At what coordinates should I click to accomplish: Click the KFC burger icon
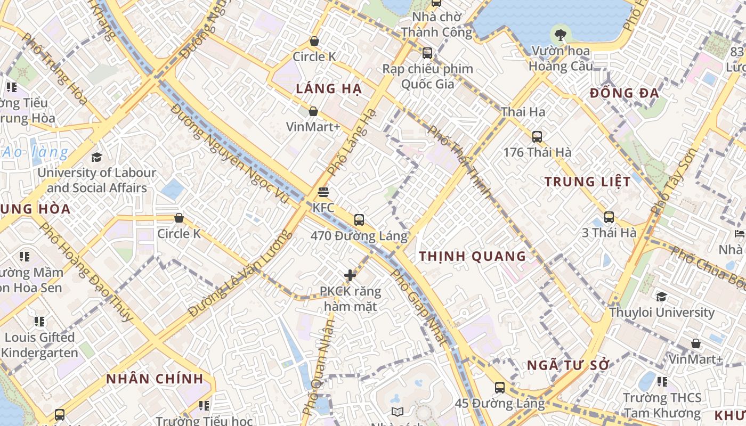click(323, 192)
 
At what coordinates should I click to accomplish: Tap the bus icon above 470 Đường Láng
click(359, 219)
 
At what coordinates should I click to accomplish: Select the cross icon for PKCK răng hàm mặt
click(350, 275)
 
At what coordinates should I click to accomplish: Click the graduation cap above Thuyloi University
click(661, 297)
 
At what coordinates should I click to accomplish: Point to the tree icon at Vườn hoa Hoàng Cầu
click(560, 35)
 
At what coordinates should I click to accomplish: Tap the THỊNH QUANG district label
click(473, 256)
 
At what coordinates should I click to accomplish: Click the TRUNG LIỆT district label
click(588, 182)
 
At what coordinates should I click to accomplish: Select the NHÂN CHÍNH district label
click(155, 379)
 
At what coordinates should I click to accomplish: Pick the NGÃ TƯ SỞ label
click(568, 366)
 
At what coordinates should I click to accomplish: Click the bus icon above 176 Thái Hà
click(537, 136)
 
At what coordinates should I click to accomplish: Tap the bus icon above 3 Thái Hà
click(609, 217)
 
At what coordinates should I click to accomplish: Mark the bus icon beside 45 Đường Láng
click(499, 388)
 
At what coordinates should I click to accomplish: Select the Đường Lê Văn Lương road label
click(240, 273)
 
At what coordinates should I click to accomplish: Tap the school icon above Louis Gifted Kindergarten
click(39, 322)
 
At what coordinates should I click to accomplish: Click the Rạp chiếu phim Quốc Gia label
click(428, 76)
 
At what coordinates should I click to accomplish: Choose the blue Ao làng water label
click(36, 153)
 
